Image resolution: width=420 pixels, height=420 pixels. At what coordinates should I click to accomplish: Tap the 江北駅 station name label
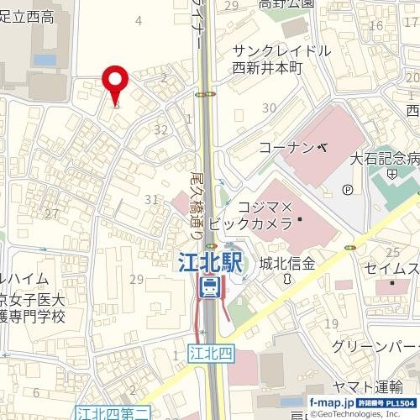coord(212,263)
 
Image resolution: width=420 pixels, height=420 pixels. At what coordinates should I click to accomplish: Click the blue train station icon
coord(211,289)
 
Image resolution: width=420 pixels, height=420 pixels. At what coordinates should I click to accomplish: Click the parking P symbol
coord(348,188)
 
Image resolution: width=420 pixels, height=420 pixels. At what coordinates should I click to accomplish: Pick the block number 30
coord(269,108)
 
